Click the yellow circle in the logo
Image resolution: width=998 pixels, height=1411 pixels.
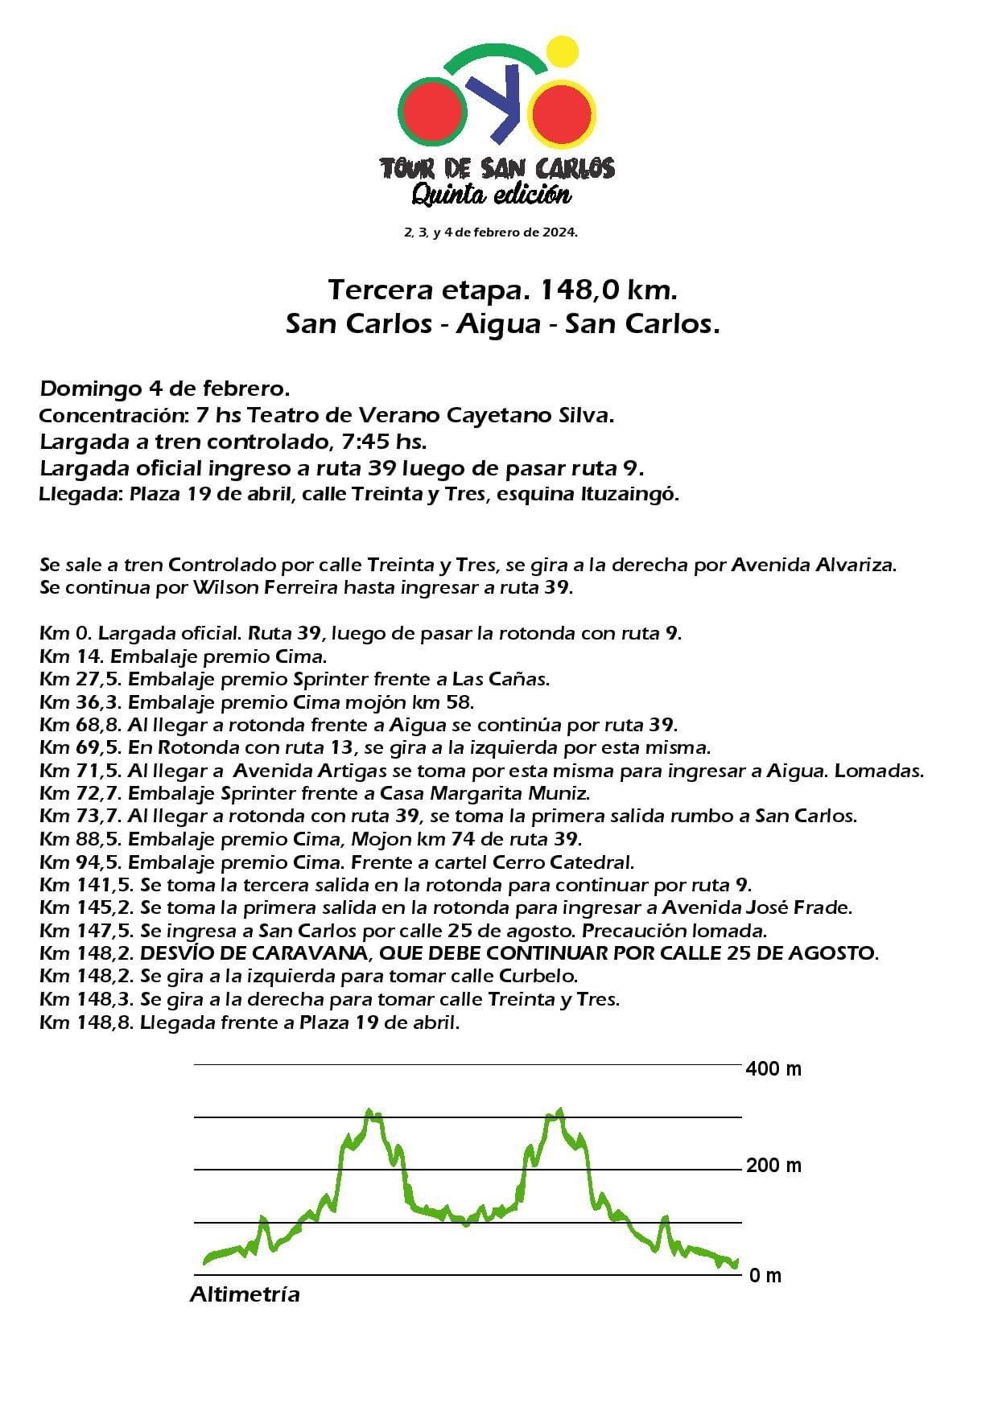[x=563, y=52]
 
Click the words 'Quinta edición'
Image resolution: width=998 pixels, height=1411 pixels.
[x=492, y=194]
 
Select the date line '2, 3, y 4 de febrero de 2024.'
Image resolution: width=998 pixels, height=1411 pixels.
[x=491, y=232]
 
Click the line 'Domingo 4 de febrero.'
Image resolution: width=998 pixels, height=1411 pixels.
[x=165, y=389]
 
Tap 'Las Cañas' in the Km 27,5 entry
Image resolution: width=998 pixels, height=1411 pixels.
[x=500, y=678]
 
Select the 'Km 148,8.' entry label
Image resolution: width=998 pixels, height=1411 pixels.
[x=86, y=1023]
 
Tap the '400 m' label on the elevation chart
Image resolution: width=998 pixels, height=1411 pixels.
[x=773, y=1069]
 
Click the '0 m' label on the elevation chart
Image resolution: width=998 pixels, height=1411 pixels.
[x=765, y=1275]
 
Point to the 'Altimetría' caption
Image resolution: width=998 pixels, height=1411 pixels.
[x=245, y=1295]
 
